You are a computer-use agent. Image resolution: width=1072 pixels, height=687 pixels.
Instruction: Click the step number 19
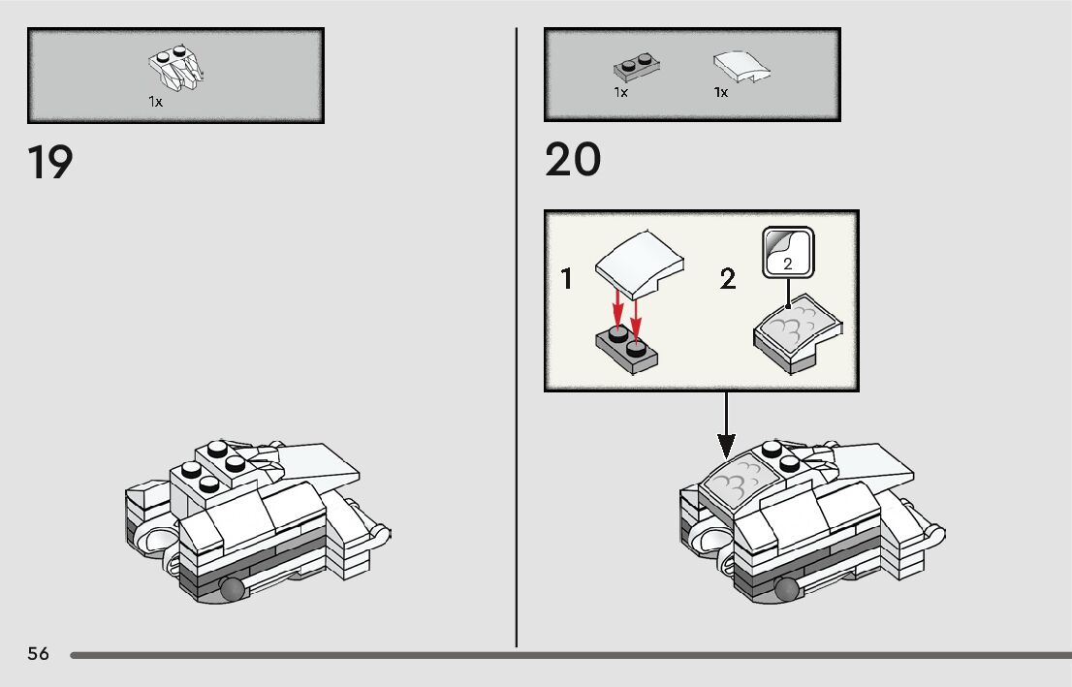50,162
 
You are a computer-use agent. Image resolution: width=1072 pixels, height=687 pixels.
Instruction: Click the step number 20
573,160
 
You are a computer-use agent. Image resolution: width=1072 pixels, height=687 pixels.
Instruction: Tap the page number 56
38,654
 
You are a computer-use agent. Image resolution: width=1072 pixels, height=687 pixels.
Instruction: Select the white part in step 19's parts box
179,68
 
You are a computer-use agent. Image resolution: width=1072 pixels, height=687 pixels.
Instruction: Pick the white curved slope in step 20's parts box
742,68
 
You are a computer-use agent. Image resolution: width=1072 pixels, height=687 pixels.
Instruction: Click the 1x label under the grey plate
621,93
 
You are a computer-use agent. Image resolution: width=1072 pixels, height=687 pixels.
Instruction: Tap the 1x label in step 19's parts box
156,101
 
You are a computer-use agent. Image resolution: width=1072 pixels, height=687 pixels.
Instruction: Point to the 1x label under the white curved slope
721,93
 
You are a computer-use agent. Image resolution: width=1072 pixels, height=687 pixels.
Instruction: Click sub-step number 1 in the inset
567,281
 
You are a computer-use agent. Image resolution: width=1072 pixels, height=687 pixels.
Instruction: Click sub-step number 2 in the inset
728,281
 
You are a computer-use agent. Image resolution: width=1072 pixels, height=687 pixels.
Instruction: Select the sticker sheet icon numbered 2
788,252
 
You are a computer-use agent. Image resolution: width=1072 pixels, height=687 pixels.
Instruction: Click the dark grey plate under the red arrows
627,348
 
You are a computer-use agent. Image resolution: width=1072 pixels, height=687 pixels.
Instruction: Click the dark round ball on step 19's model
234,589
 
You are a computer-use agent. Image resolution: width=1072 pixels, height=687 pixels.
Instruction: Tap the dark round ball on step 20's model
788,589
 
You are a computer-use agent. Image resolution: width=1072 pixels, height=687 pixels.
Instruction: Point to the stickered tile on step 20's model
741,480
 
